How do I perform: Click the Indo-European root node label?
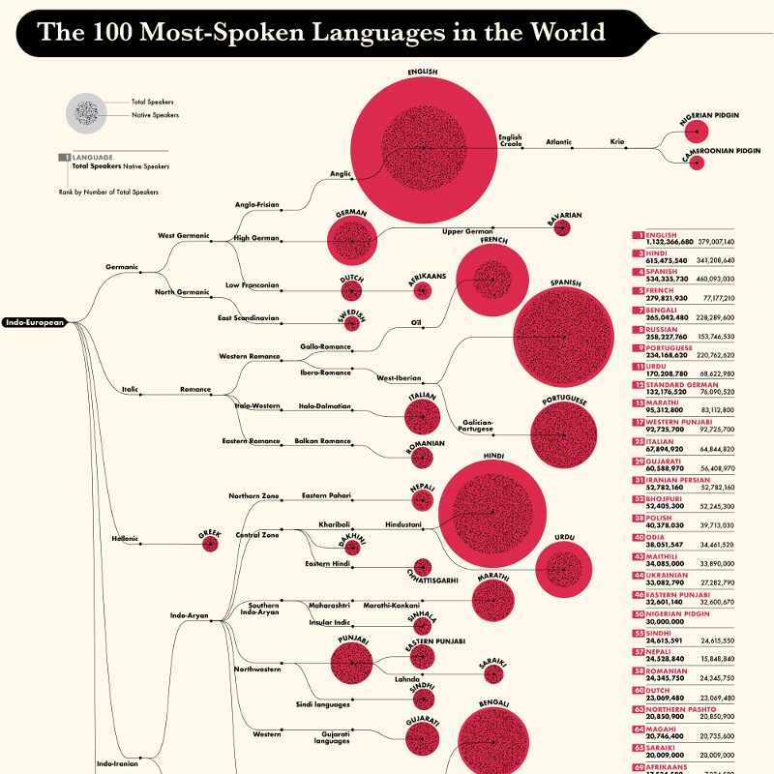(34, 322)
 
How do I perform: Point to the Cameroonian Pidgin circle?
(696, 165)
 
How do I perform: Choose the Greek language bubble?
(210, 544)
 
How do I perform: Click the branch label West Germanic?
(184, 235)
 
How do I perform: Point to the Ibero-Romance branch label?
(326, 372)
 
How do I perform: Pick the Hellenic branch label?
(126, 538)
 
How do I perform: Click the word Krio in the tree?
(617, 142)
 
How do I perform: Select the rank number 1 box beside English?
(639, 235)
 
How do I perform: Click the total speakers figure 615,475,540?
(663, 259)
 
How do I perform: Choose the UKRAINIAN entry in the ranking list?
(668, 574)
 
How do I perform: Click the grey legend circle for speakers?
(85, 112)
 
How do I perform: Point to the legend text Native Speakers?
(155, 115)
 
